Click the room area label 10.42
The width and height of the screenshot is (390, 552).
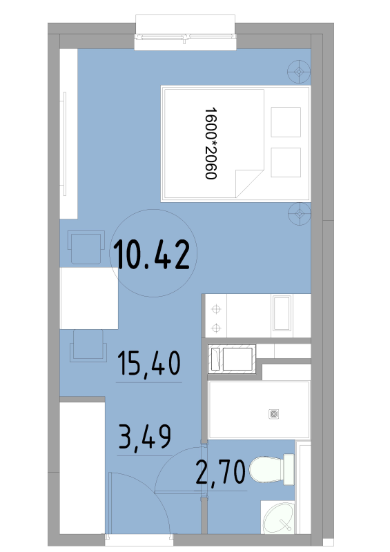click(152, 254)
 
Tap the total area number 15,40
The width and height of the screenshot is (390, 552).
click(148, 364)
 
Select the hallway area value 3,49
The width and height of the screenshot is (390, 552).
click(145, 437)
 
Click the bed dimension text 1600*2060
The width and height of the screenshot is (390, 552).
click(211, 144)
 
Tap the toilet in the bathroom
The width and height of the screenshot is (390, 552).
click(272, 470)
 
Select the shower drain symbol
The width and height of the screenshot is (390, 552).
click(274, 414)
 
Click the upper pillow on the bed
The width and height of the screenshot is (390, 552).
click(286, 122)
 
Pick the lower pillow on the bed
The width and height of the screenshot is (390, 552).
click(286, 162)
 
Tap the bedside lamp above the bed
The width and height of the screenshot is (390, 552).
click(299, 72)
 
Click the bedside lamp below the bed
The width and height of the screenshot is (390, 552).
click(300, 214)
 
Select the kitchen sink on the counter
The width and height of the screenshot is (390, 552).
click(282, 313)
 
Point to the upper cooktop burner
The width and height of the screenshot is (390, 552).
click(216, 309)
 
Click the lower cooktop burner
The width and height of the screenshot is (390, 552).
click(216, 328)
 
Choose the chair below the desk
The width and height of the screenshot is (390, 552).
click(88, 346)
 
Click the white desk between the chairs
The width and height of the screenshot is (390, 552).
click(89, 298)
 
